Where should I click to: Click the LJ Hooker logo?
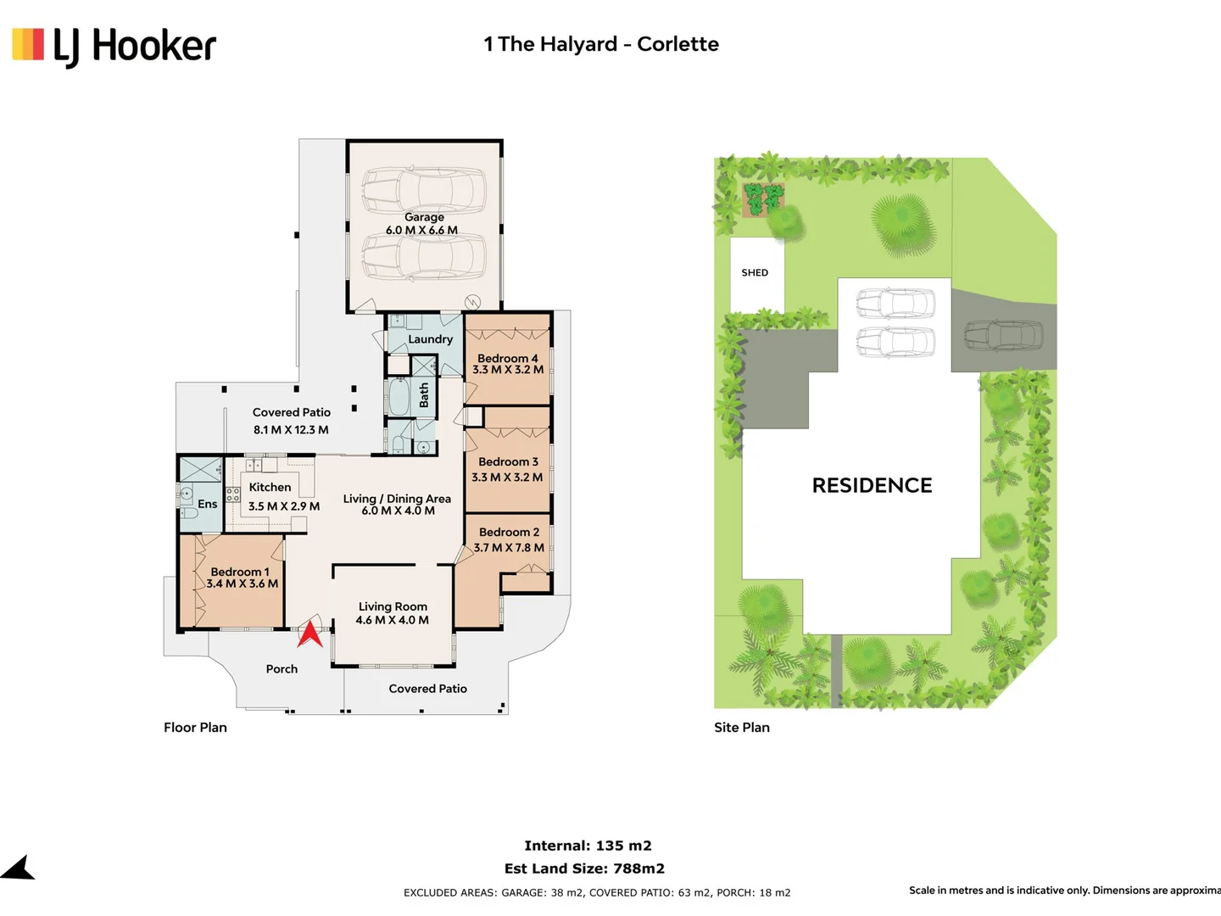114,47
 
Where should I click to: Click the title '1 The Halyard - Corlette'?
601,44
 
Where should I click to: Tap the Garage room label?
424,217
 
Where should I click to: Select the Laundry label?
430,339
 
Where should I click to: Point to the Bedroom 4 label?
507,359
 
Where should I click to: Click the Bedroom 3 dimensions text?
507,478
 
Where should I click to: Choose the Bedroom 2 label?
509,533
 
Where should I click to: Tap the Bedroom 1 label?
240,572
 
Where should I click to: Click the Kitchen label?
270,487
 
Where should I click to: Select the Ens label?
208,504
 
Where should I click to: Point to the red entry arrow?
309,635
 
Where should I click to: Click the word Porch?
282,669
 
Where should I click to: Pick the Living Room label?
393,606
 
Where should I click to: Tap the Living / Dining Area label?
397,499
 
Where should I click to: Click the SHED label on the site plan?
755,272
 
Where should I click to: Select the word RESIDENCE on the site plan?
873,485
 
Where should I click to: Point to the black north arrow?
18,868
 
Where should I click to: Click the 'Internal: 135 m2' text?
588,846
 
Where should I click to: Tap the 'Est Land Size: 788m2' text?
584,869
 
